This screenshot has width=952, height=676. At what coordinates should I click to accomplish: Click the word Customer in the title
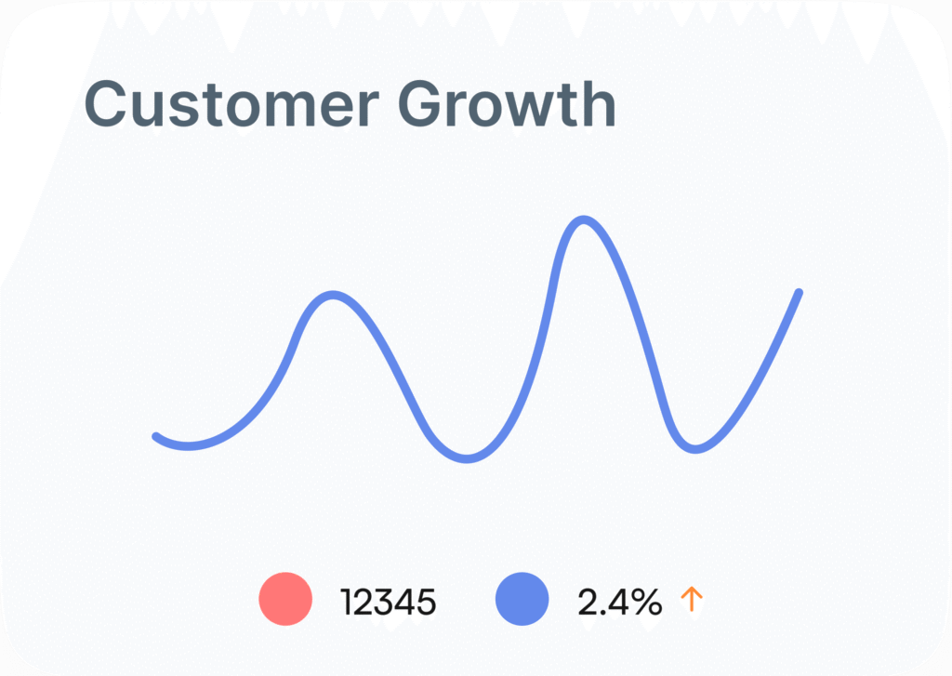(x=231, y=104)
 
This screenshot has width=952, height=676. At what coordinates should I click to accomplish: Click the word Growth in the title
(x=507, y=104)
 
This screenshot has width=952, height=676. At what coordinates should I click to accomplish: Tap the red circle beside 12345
(x=285, y=599)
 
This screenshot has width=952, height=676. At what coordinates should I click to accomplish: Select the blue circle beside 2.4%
(x=522, y=599)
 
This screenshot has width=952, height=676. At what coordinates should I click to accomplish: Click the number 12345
(x=388, y=603)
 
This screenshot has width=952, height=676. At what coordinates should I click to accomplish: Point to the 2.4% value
(x=619, y=603)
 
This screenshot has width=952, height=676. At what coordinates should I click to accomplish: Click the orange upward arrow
(x=692, y=599)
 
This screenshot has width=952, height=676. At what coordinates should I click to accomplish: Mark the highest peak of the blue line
(x=584, y=219)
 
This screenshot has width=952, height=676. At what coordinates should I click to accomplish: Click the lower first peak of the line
(x=334, y=295)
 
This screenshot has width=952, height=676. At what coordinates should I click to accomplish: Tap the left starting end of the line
(x=155, y=436)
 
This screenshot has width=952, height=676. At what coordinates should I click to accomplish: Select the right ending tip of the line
(x=799, y=293)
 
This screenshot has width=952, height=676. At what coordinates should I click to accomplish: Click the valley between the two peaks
(x=467, y=458)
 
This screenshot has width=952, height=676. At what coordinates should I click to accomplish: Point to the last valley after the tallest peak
(x=695, y=449)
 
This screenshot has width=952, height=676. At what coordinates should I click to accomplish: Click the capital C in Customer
(x=108, y=104)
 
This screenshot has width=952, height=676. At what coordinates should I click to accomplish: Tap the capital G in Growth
(x=422, y=104)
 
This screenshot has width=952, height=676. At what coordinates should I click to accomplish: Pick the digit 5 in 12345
(x=426, y=603)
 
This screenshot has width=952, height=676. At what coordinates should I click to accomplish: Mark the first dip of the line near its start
(x=188, y=446)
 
